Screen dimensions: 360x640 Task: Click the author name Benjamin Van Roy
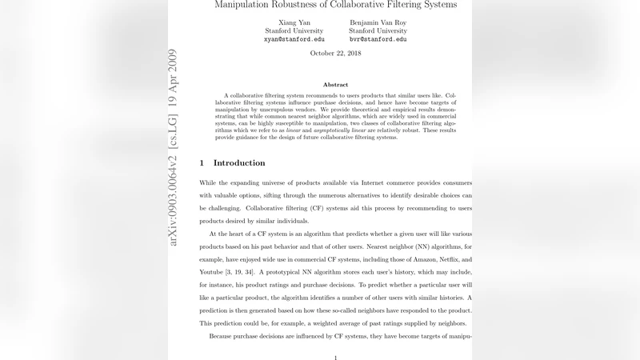pos(378,22)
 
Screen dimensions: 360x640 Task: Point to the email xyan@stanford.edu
pos(294,39)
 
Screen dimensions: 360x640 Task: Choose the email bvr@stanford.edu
pos(378,39)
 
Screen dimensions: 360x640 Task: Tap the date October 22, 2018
pos(335,54)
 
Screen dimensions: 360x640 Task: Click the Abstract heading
pos(335,85)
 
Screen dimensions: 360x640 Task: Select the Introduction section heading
pos(239,163)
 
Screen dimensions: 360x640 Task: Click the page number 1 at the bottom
pos(335,357)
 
